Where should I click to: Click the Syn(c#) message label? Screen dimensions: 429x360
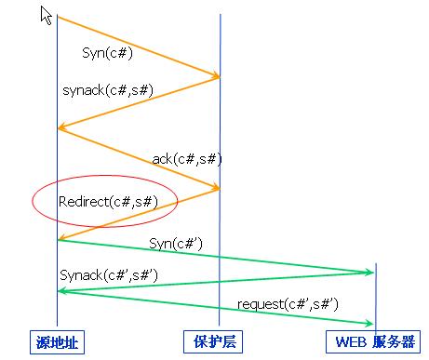107,53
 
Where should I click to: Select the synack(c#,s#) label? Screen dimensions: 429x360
108,90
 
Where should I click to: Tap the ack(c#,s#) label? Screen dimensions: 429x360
187,159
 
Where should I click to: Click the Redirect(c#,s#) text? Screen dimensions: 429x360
108,202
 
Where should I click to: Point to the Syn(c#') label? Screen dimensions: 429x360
176,244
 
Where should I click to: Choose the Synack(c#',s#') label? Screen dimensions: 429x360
109,275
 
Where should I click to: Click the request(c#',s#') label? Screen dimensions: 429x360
288,304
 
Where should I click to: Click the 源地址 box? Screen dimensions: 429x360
57,342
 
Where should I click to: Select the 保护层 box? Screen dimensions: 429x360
213,341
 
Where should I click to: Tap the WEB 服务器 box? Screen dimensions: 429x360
373,341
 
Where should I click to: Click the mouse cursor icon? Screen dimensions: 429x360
46,16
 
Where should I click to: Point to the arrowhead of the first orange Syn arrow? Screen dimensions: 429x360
217,76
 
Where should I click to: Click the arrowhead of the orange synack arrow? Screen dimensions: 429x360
60,127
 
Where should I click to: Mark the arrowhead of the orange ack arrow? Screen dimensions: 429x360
217,187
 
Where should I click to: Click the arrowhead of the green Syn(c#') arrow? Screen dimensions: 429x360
370,273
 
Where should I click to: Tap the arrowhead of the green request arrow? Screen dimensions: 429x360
370,324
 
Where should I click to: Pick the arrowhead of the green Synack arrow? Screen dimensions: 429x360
60,291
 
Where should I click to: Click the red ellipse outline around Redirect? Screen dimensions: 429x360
105,176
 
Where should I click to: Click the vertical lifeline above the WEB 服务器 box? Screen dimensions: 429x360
376,297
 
